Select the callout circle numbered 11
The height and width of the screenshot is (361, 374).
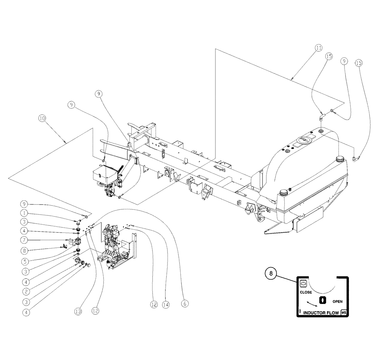pyautogui.click(x=318, y=48)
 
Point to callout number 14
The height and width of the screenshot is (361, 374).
pyautogui.click(x=166, y=305)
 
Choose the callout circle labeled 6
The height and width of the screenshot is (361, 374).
pyautogui.click(x=184, y=304)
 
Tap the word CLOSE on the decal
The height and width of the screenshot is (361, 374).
pyautogui.click(x=306, y=292)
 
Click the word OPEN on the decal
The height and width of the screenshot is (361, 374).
pyautogui.click(x=337, y=301)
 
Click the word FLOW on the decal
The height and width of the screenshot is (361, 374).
pyautogui.click(x=332, y=313)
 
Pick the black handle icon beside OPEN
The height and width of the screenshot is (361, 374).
pyautogui.click(x=322, y=300)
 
